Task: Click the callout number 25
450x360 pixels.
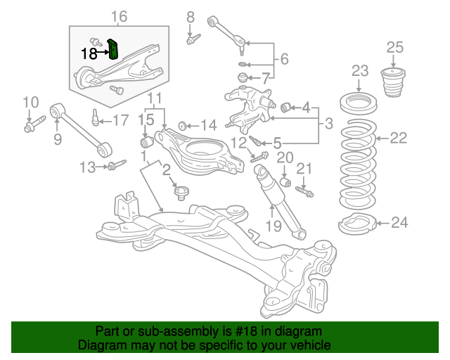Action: click(x=395, y=48)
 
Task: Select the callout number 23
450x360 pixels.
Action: click(x=360, y=71)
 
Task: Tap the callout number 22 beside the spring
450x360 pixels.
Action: click(x=398, y=138)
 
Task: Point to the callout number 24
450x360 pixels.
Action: click(x=399, y=224)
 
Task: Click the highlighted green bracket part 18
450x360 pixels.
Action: click(x=115, y=50)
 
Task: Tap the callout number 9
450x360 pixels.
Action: click(x=58, y=139)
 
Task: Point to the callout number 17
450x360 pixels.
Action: click(x=120, y=120)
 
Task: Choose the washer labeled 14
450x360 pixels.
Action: click(x=181, y=126)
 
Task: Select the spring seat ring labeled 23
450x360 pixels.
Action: click(x=359, y=105)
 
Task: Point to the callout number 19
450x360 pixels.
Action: click(x=273, y=226)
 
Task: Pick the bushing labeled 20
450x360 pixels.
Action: click(x=285, y=183)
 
